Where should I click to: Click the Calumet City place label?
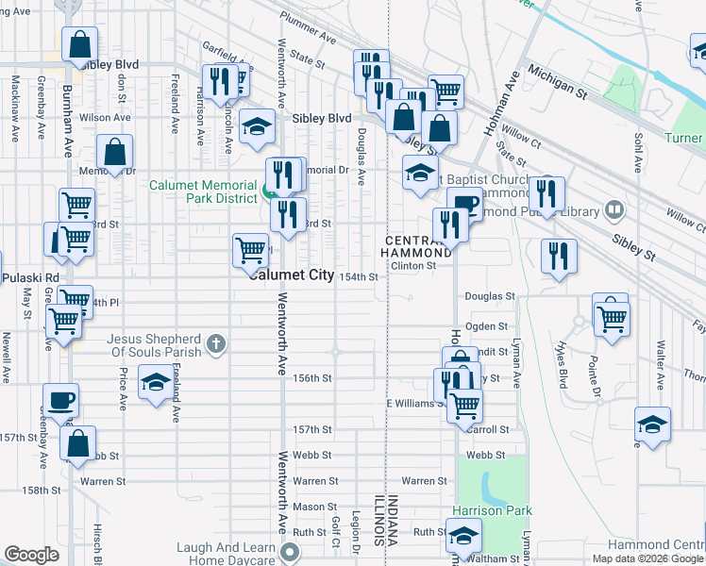(291, 275)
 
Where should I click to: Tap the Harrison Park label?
(491, 510)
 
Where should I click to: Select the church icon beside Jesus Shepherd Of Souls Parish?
(216, 345)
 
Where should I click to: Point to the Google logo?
(31, 555)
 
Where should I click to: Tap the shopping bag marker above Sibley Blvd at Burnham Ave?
(80, 43)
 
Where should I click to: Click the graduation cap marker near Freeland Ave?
(156, 382)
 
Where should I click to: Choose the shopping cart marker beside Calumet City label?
(250, 250)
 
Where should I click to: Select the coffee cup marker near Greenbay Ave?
(60, 399)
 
